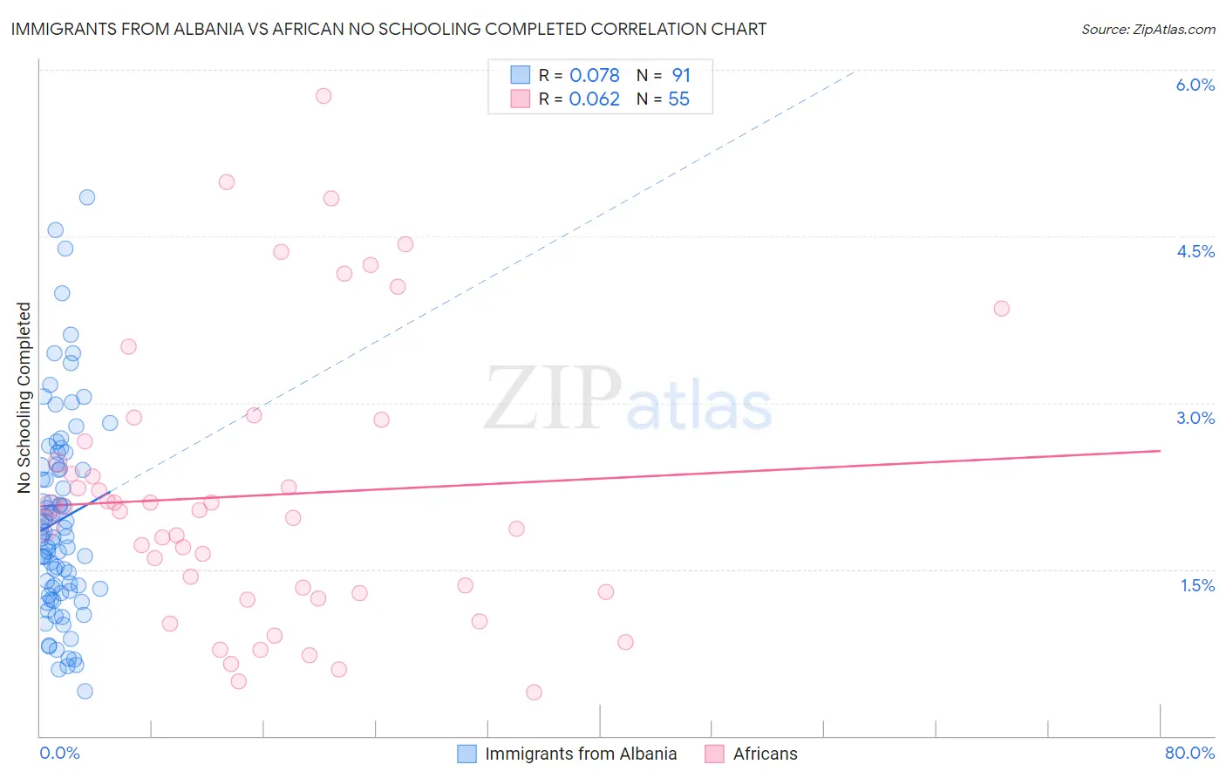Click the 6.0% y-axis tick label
point(1195,85)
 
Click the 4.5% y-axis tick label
point(1195,251)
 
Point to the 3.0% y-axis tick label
point(1195,418)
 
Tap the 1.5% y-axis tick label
point(1197,585)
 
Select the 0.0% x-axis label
point(59,753)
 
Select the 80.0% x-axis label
point(1189,753)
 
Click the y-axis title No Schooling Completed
point(24,398)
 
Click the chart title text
point(389,29)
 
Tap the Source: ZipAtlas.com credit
point(1148,30)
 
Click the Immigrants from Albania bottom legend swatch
point(467,754)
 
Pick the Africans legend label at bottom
point(765,754)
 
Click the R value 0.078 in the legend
point(595,76)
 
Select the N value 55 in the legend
point(678,99)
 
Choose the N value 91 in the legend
point(680,76)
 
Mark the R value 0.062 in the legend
point(595,99)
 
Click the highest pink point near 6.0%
point(324,96)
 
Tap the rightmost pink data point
point(1001,309)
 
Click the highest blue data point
point(87,197)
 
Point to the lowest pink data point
point(534,693)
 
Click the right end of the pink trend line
point(1161,451)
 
